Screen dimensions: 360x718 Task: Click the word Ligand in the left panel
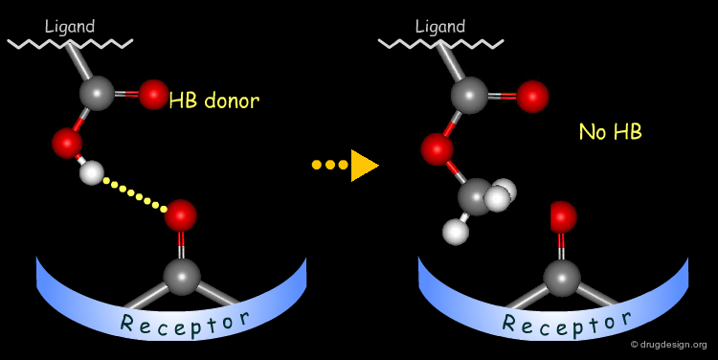pyautogui.click(x=70, y=27)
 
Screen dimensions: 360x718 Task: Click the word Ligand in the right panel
pyautogui.click(x=440, y=27)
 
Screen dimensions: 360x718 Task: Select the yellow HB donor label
pyautogui.click(x=213, y=100)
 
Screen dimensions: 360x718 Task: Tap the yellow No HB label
pyautogui.click(x=610, y=132)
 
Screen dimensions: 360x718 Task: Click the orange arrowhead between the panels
pyautogui.click(x=363, y=165)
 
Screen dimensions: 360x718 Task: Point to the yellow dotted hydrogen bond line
pyautogui.click(x=135, y=191)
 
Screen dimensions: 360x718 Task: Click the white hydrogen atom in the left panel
pyautogui.click(x=91, y=173)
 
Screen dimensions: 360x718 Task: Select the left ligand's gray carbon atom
pyautogui.click(x=97, y=93)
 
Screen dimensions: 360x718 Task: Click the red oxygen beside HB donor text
pyautogui.click(x=153, y=94)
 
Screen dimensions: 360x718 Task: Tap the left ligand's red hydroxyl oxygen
pyautogui.click(x=67, y=144)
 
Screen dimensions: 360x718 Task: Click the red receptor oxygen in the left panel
pyautogui.click(x=180, y=215)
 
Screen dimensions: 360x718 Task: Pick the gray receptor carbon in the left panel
pyautogui.click(x=181, y=277)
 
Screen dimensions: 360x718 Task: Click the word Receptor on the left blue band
pyautogui.click(x=185, y=323)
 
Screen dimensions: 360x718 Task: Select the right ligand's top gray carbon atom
pyautogui.click(x=469, y=95)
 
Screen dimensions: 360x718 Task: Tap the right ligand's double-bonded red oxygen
pyautogui.click(x=532, y=96)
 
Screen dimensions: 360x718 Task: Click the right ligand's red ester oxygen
pyautogui.click(x=438, y=148)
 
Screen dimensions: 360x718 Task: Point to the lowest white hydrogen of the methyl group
pyautogui.click(x=457, y=232)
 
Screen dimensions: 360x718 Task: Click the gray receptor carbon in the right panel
pyautogui.click(x=562, y=278)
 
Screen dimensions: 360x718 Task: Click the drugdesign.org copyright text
pyautogui.click(x=668, y=345)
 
